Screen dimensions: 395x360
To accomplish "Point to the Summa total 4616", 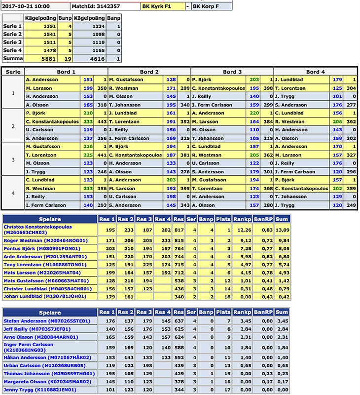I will click(x=96, y=58).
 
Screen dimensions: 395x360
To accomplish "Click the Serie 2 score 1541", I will click(x=50, y=35).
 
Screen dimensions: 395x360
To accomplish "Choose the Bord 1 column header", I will click(x=66, y=72).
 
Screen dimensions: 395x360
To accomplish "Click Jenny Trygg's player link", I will click(x=40, y=390).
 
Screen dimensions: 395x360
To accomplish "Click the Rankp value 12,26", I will click(x=244, y=230).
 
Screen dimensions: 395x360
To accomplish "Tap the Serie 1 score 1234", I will click(x=96, y=26).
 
